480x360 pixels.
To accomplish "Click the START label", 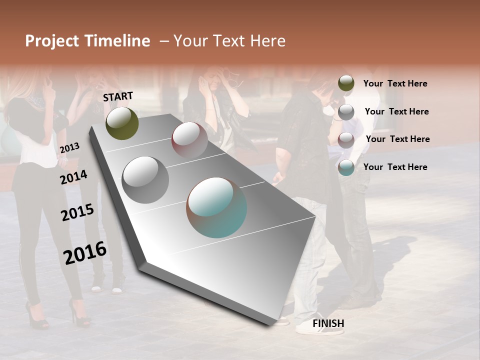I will click(x=118, y=96).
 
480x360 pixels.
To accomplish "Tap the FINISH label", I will click(x=328, y=323).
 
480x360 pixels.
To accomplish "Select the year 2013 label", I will click(x=69, y=147).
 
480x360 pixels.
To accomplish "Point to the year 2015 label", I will click(x=77, y=212).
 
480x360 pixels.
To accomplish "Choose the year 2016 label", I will click(x=85, y=252).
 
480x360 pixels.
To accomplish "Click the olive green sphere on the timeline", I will click(x=122, y=123).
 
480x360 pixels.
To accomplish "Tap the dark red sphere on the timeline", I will click(x=189, y=140).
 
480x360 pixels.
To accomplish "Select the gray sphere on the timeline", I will click(x=145, y=179).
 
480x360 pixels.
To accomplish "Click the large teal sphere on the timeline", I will click(x=216, y=207).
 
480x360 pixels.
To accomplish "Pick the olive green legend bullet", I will click(x=346, y=83).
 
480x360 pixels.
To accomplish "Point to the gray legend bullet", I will click(x=346, y=112).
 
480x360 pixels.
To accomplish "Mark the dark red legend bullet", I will click(x=346, y=139).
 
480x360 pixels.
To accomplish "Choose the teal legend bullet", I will click(x=346, y=167).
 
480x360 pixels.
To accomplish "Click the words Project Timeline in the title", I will click(x=87, y=41).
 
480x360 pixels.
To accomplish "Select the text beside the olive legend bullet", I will click(x=395, y=83).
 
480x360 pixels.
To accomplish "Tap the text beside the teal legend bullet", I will click(x=395, y=167).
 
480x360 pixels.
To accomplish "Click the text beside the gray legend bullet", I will click(x=396, y=111).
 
